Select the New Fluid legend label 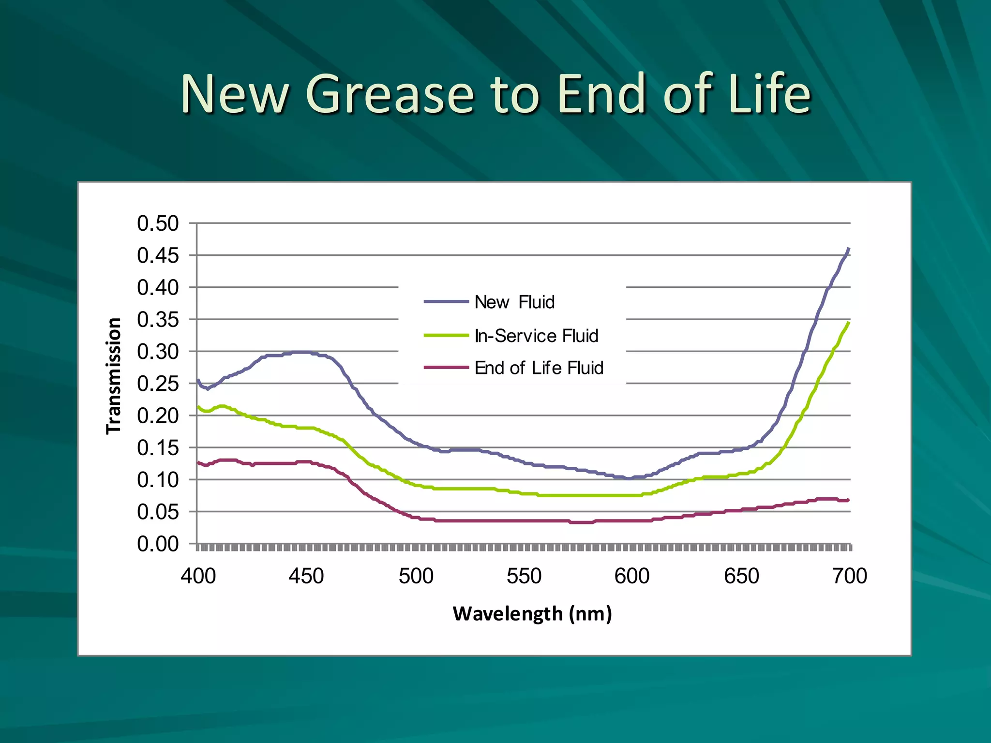[514, 302]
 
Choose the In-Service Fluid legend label [536, 336]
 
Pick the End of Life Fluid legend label [539, 368]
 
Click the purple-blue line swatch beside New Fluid [446, 302]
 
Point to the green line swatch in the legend [446, 335]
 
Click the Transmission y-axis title [114, 376]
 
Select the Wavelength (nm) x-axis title [532, 614]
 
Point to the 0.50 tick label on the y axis [158, 223]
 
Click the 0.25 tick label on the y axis [158, 384]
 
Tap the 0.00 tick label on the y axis [158, 544]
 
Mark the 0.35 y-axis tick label [158, 320]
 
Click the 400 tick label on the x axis [198, 576]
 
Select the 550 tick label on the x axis [524, 576]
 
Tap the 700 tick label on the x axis [850, 576]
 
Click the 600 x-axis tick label [632, 576]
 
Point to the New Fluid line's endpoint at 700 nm [849, 249]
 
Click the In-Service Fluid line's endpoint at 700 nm [849, 323]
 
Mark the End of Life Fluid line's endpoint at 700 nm [848, 500]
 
